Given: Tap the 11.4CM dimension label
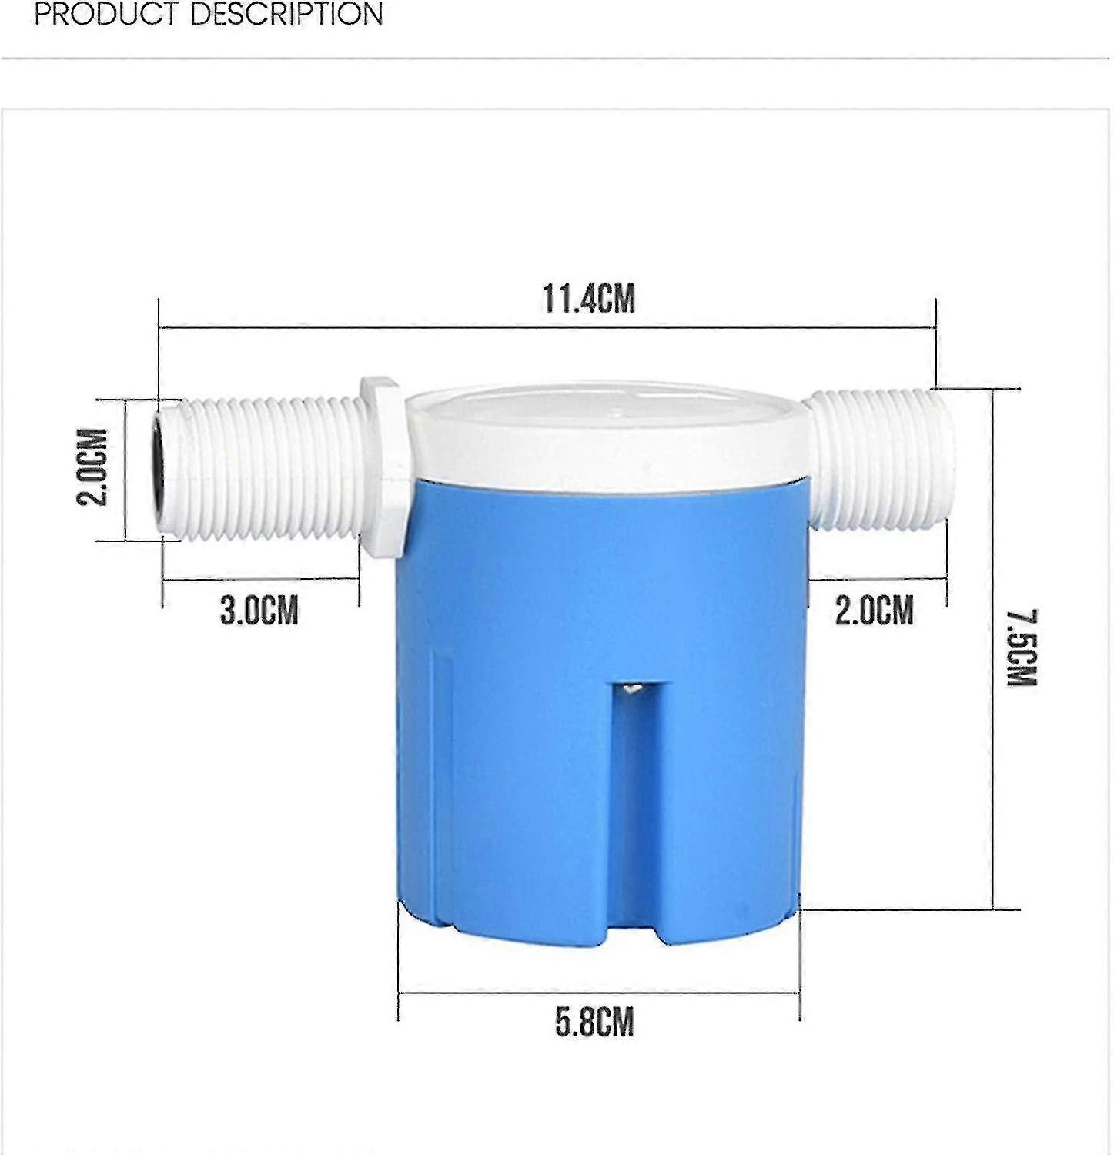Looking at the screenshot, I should (x=589, y=299).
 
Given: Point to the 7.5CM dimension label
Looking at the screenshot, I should (x=1023, y=647).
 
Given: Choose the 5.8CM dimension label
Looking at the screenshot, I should (x=594, y=1022).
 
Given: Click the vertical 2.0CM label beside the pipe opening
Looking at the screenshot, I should (x=92, y=467).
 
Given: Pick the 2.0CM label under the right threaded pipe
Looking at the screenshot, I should (x=874, y=611).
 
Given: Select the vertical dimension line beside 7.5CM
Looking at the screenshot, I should (x=993, y=647).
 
